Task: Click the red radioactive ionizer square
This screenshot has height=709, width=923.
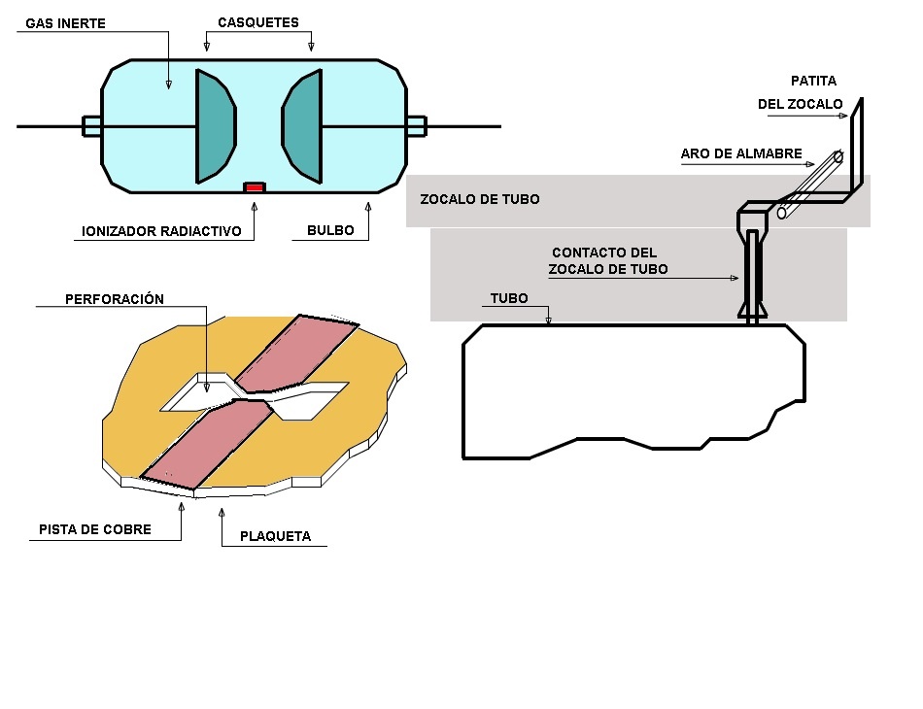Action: click(254, 186)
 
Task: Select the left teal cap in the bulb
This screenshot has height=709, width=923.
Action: click(214, 126)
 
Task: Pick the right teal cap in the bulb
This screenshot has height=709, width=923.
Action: click(303, 126)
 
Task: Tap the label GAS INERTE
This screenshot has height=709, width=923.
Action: click(65, 23)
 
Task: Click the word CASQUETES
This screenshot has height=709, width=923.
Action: click(258, 22)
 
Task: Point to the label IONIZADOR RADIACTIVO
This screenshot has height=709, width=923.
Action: click(161, 232)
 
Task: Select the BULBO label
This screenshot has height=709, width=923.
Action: click(330, 232)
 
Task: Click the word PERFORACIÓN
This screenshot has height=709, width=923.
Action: click(115, 299)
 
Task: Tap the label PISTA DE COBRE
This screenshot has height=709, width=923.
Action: click(95, 529)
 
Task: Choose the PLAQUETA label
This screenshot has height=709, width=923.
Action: click(276, 536)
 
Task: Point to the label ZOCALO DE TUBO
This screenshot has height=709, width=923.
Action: click(479, 199)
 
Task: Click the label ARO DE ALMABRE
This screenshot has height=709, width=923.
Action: click(741, 153)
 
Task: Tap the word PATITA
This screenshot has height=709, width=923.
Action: click(812, 81)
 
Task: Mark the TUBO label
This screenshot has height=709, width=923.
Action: click(509, 298)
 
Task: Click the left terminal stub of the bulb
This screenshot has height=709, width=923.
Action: click(91, 125)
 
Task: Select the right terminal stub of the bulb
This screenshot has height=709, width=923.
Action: click(416, 125)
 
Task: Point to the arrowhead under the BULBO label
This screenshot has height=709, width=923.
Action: click(368, 205)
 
